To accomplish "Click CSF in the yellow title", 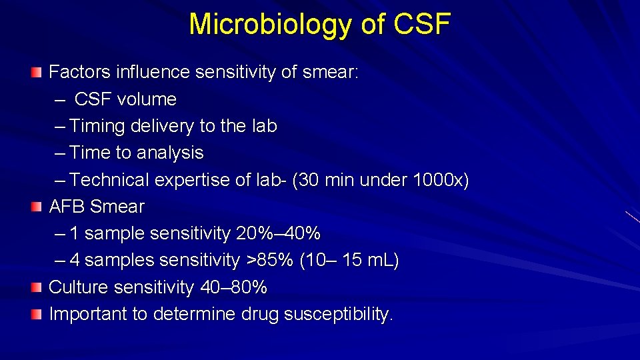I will (x=422, y=25).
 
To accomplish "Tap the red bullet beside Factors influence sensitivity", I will (x=36, y=72).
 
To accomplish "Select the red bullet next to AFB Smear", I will (x=36, y=207).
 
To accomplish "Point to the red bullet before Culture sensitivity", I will (x=36, y=287).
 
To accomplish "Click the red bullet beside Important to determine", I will (x=36, y=314).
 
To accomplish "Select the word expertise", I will (x=193, y=180).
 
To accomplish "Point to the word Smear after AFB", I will (x=121, y=207).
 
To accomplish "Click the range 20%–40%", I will (x=278, y=234).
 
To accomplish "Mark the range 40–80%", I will (x=233, y=287).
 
